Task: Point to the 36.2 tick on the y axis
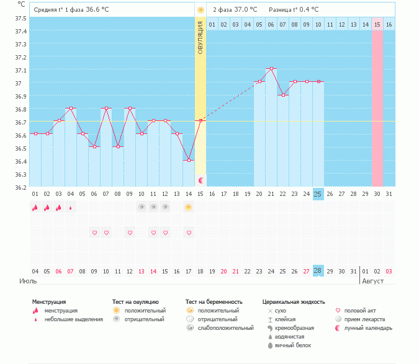click(20, 187)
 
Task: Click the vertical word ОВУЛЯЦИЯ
click(200, 38)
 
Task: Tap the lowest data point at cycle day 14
click(188, 160)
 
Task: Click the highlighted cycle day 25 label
click(318, 194)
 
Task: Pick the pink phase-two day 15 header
click(377, 24)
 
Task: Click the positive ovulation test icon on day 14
click(188, 207)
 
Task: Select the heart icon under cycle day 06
click(94, 233)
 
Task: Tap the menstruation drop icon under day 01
click(35, 207)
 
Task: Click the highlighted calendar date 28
click(318, 271)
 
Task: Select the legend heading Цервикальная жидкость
click(294, 302)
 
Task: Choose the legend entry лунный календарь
click(367, 327)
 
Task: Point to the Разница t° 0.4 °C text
click(294, 10)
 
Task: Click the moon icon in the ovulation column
click(200, 180)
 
